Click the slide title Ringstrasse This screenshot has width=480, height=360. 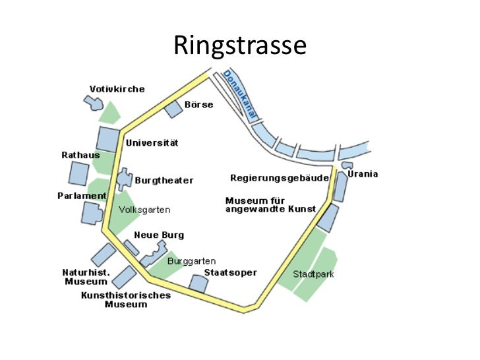[x=240, y=45]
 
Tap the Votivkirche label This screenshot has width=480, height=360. [x=117, y=89]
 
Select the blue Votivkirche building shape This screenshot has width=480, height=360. [x=94, y=102]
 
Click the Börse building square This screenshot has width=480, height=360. [x=173, y=109]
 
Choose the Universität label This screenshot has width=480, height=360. [x=152, y=142]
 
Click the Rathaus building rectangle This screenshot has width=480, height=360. [x=78, y=173]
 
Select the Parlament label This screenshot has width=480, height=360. [x=82, y=196]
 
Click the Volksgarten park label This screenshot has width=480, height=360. [x=144, y=210]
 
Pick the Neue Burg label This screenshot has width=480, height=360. [x=159, y=235]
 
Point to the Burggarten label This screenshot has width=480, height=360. [x=191, y=261]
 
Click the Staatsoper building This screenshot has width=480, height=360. [x=198, y=283]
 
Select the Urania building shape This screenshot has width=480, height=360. [x=347, y=165]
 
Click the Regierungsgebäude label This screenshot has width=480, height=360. [x=280, y=178]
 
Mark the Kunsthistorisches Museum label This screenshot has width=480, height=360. [x=126, y=299]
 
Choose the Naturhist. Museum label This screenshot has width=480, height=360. [x=86, y=276]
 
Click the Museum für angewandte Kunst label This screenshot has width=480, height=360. [x=270, y=204]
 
